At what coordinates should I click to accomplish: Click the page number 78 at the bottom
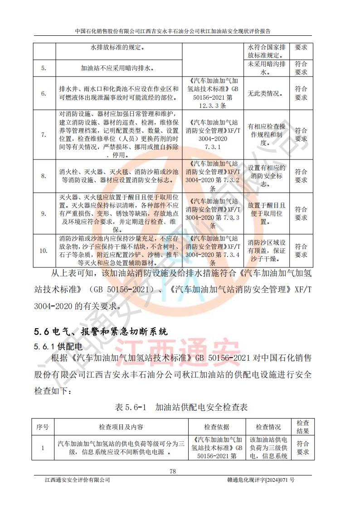pos(173,471)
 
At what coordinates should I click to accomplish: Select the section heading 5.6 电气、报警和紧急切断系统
pos(101,331)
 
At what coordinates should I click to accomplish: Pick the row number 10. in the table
pos(44,251)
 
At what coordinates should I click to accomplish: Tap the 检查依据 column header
pos(217,427)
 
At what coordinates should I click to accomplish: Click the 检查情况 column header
pos(268,427)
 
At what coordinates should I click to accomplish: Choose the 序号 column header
pos(43,427)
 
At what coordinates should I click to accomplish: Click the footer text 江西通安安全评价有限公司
pos(78,480)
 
